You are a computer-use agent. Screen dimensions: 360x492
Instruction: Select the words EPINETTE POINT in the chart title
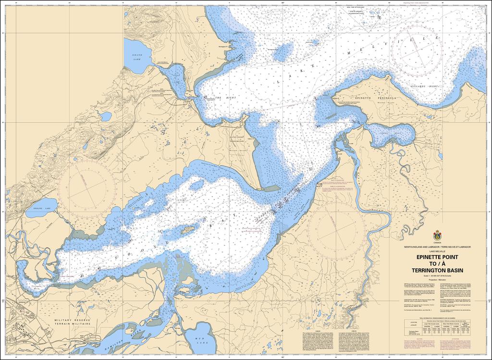click(437, 258)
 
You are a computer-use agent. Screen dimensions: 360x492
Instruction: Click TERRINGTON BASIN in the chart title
click(437, 271)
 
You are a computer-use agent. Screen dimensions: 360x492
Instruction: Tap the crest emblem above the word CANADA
click(437, 236)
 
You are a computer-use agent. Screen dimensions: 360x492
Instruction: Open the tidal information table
click(437, 327)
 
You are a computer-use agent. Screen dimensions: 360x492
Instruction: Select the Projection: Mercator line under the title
click(437, 279)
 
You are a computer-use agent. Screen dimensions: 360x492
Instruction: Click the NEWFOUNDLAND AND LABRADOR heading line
click(437, 247)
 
